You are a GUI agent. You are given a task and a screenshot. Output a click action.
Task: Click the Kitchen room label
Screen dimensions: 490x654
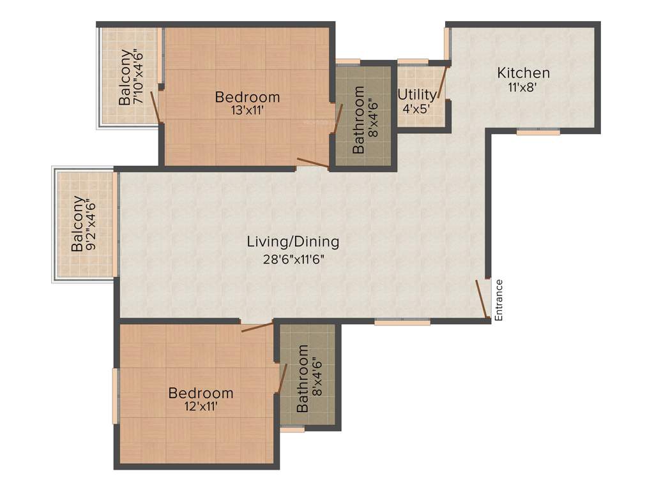click(523, 73)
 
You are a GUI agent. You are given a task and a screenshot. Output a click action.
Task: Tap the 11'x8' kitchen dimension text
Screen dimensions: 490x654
click(523, 88)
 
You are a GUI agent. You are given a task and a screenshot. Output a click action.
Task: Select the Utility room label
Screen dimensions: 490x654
click(417, 95)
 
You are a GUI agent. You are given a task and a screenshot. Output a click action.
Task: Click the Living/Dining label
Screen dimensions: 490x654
click(293, 242)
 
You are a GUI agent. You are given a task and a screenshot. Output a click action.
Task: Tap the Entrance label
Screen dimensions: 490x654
click(499, 300)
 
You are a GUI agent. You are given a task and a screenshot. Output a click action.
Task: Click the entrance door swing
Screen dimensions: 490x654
click(482, 299)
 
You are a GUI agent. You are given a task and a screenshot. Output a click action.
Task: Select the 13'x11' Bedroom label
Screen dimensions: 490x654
click(247, 98)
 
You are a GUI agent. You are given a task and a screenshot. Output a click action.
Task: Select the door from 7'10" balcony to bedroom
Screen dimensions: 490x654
click(155, 107)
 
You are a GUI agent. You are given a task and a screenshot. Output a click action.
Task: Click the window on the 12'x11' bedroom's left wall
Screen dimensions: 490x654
click(115, 396)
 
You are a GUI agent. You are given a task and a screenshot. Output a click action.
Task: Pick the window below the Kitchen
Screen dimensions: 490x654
click(538, 132)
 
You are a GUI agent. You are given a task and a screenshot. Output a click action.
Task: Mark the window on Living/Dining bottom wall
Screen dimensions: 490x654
click(402, 323)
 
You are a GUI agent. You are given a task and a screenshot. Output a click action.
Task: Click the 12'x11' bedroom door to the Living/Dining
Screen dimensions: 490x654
click(257, 327)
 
